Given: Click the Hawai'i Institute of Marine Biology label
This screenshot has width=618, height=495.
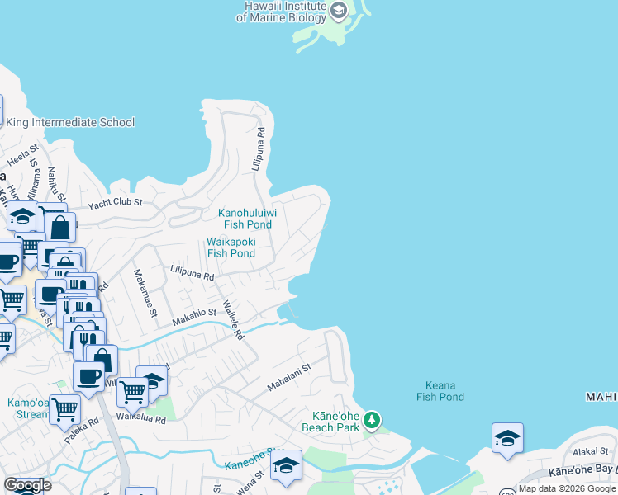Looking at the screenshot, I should pyautogui.click(x=281, y=12).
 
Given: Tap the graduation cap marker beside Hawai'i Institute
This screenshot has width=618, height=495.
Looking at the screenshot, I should pyautogui.click(x=339, y=11).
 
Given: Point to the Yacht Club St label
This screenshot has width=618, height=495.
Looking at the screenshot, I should pyautogui.click(x=116, y=202).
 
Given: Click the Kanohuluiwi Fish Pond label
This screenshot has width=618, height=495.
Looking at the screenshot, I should pyautogui.click(x=246, y=219).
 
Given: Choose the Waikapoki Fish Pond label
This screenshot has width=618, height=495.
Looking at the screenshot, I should pyautogui.click(x=231, y=247).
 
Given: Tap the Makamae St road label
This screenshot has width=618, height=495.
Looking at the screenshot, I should pyautogui.click(x=145, y=293).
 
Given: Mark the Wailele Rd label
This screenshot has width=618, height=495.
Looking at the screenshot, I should pyautogui.click(x=234, y=322).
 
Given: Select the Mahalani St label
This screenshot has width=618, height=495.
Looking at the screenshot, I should pyautogui.click(x=288, y=378).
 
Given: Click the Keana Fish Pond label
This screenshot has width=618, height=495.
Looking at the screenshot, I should pyautogui.click(x=440, y=391).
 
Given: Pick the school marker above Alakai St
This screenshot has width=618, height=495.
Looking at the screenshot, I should pyautogui.click(x=507, y=438).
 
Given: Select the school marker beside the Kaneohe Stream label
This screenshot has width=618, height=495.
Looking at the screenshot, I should pyautogui.click(x=286, y=465).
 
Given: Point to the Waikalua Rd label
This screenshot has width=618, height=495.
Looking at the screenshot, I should pyautogui.click(x=140, y=419).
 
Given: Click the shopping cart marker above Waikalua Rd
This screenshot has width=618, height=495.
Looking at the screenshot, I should pyautogui.click(x=133, y=394).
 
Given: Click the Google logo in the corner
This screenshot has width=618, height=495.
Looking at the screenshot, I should pyautogui.click(x=27, y=485).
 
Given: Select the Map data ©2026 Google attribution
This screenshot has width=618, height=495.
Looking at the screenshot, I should pyautogui.click(x=567, y=488).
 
